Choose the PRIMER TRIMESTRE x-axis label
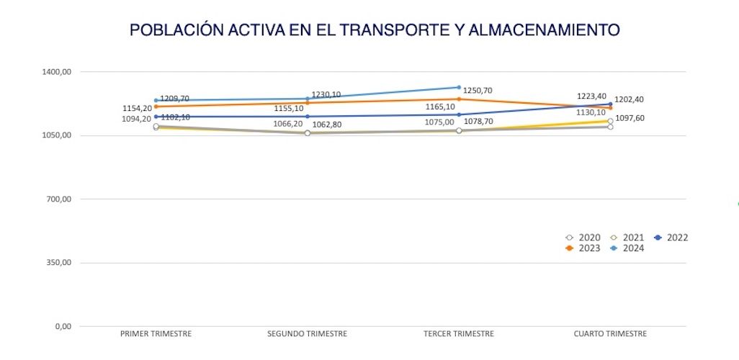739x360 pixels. (156, 334)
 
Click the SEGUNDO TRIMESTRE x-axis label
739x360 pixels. (307, 334)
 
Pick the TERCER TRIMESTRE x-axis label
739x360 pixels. (459, 334)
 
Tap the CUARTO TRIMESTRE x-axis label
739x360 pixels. (610, 334)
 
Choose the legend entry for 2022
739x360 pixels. (671, 238)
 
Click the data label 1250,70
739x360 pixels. (478, 91)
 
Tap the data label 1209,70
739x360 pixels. (174, 99)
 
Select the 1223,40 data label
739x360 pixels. (591, 96)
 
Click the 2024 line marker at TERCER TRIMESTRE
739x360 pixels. (459, 87)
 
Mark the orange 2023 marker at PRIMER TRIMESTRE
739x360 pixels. (156, 107)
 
